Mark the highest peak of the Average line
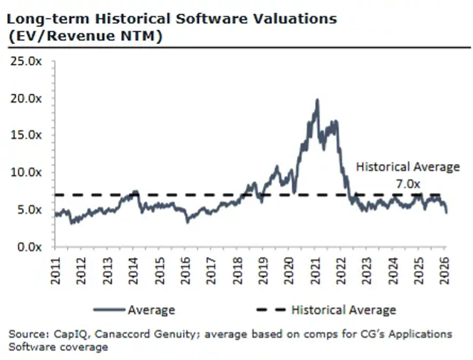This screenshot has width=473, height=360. [317, 100]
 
